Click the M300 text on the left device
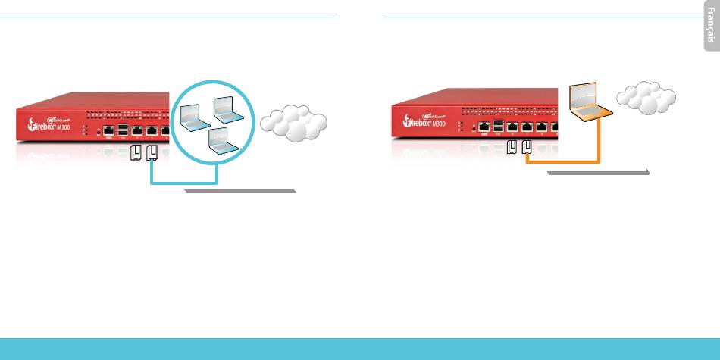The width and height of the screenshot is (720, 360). coord(70,127)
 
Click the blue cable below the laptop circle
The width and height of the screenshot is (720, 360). coord(186,183)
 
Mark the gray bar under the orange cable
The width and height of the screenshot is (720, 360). coord(599,173)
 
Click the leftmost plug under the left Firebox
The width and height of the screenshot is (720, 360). coord(136,153)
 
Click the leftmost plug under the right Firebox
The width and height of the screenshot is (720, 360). coord(512,146)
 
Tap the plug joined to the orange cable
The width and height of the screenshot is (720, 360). coord(526,146)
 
